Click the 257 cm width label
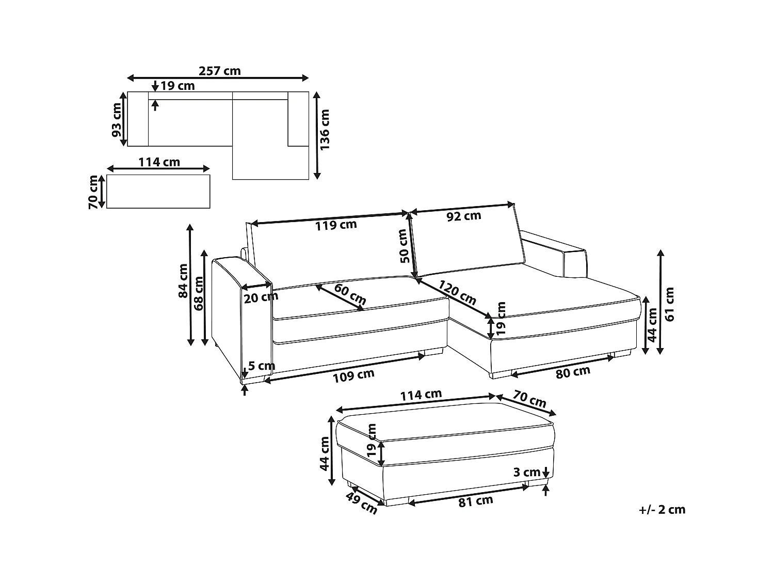(x=220, y=71)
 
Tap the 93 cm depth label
(x=117, y=119)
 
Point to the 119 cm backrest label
(x=336, y=224)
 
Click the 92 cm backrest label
(x=464, y=216)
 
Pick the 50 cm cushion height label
(x=404, y=246)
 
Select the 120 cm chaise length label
(x=457, y=292)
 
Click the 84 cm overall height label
(x=183, y=281)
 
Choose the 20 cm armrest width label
(x=261, y=297)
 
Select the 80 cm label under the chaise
(x=573, y=371)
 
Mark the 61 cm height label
(x=670, y=304)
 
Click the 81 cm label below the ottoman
(x=475, y=500)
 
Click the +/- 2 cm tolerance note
(x=662, y=510)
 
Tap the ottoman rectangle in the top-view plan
(x=158, y=191)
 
